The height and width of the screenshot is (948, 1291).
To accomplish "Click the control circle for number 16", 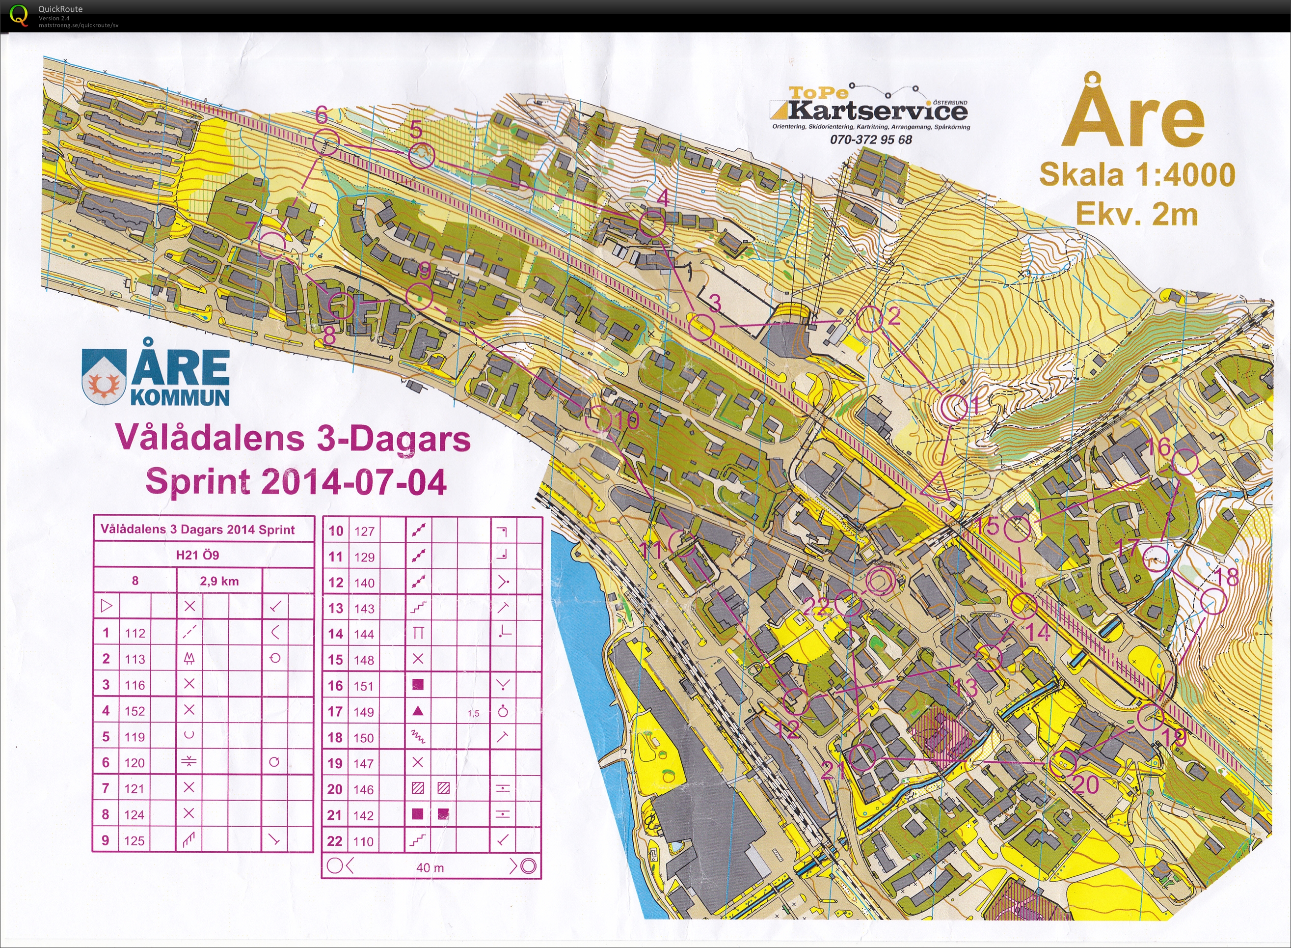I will (1185, 462).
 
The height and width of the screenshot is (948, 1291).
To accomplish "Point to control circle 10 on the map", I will (598, 419).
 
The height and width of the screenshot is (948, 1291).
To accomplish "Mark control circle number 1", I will (953, 407).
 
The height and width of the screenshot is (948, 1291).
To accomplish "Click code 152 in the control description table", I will (135, 711).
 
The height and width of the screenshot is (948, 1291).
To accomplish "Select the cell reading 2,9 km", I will (219, 581).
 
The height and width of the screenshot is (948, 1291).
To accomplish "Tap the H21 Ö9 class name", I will (197, 555).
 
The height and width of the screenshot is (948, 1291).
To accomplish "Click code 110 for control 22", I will (364, 841).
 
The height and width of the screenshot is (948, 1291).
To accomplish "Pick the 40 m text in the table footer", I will (430, 867).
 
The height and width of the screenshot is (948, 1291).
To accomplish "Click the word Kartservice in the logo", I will (878, 110).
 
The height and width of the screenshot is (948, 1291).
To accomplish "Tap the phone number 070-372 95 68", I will (871, 139).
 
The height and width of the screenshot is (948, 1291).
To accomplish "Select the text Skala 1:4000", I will (1137, 175).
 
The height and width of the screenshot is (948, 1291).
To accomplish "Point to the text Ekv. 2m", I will (1137, 215).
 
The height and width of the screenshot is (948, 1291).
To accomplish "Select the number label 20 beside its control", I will (1085, 784).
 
